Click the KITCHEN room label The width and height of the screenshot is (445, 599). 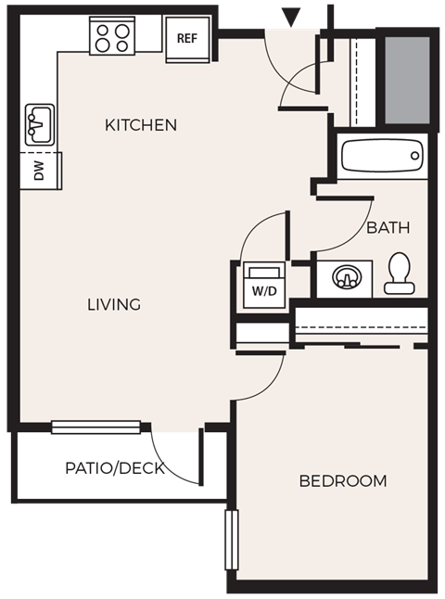[141, 125]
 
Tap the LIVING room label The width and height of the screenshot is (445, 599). [114, 304]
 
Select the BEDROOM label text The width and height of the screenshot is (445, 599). [342, 481]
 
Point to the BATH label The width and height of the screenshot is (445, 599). [388, 227]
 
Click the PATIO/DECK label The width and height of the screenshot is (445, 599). [115, 468]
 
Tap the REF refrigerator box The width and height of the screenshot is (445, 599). [187, 40]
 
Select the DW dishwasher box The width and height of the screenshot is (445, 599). [39, 172]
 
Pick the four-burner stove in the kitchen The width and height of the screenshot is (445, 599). [111, 38]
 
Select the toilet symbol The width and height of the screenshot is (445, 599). [399, 274]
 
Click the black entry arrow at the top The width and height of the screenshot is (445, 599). [292, 16]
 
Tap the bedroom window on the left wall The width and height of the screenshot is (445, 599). [232, 539]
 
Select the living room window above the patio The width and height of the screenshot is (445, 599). [96, 427]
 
